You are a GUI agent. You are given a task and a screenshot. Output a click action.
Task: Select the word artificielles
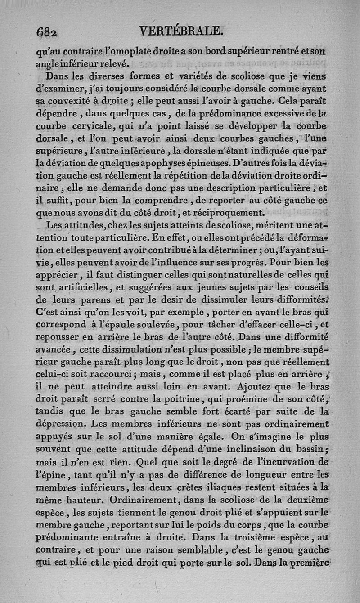(79, 287)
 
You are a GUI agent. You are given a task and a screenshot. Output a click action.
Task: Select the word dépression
(62, 423)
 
